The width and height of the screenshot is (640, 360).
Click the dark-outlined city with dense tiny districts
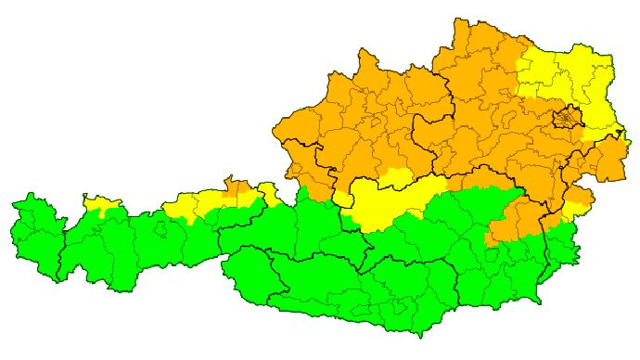tap(567, 119)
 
